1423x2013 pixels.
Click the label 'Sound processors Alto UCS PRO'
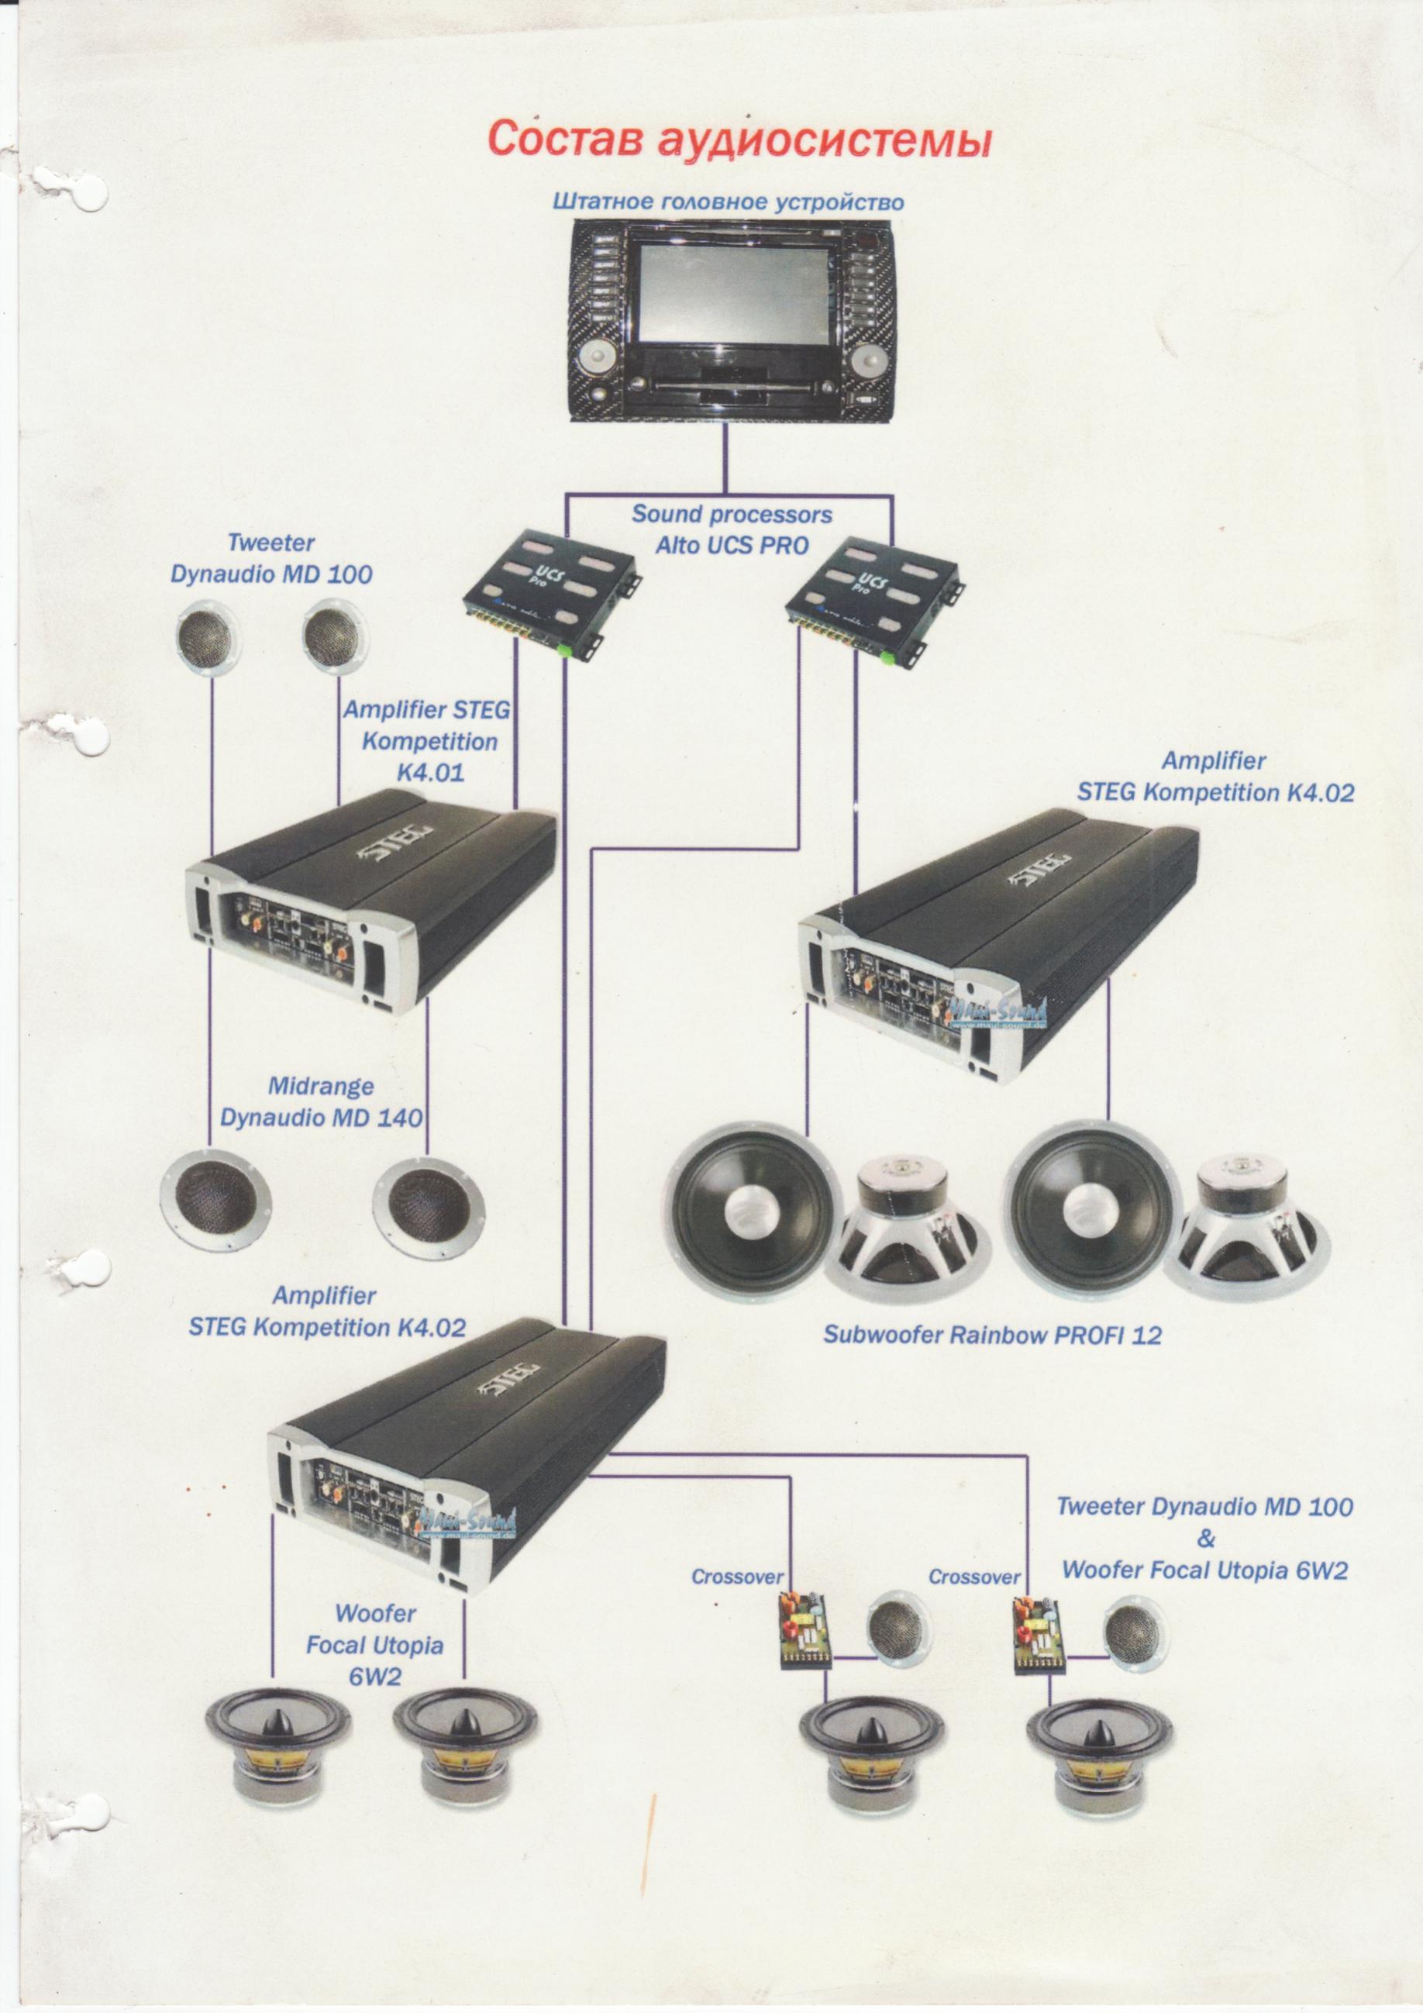tap(732, 529)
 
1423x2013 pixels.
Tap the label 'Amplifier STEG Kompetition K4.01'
tap(429, 741)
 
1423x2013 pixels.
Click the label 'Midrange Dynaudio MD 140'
tap(321, 1102)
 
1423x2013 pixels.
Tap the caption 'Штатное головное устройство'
tap(727, 202)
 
